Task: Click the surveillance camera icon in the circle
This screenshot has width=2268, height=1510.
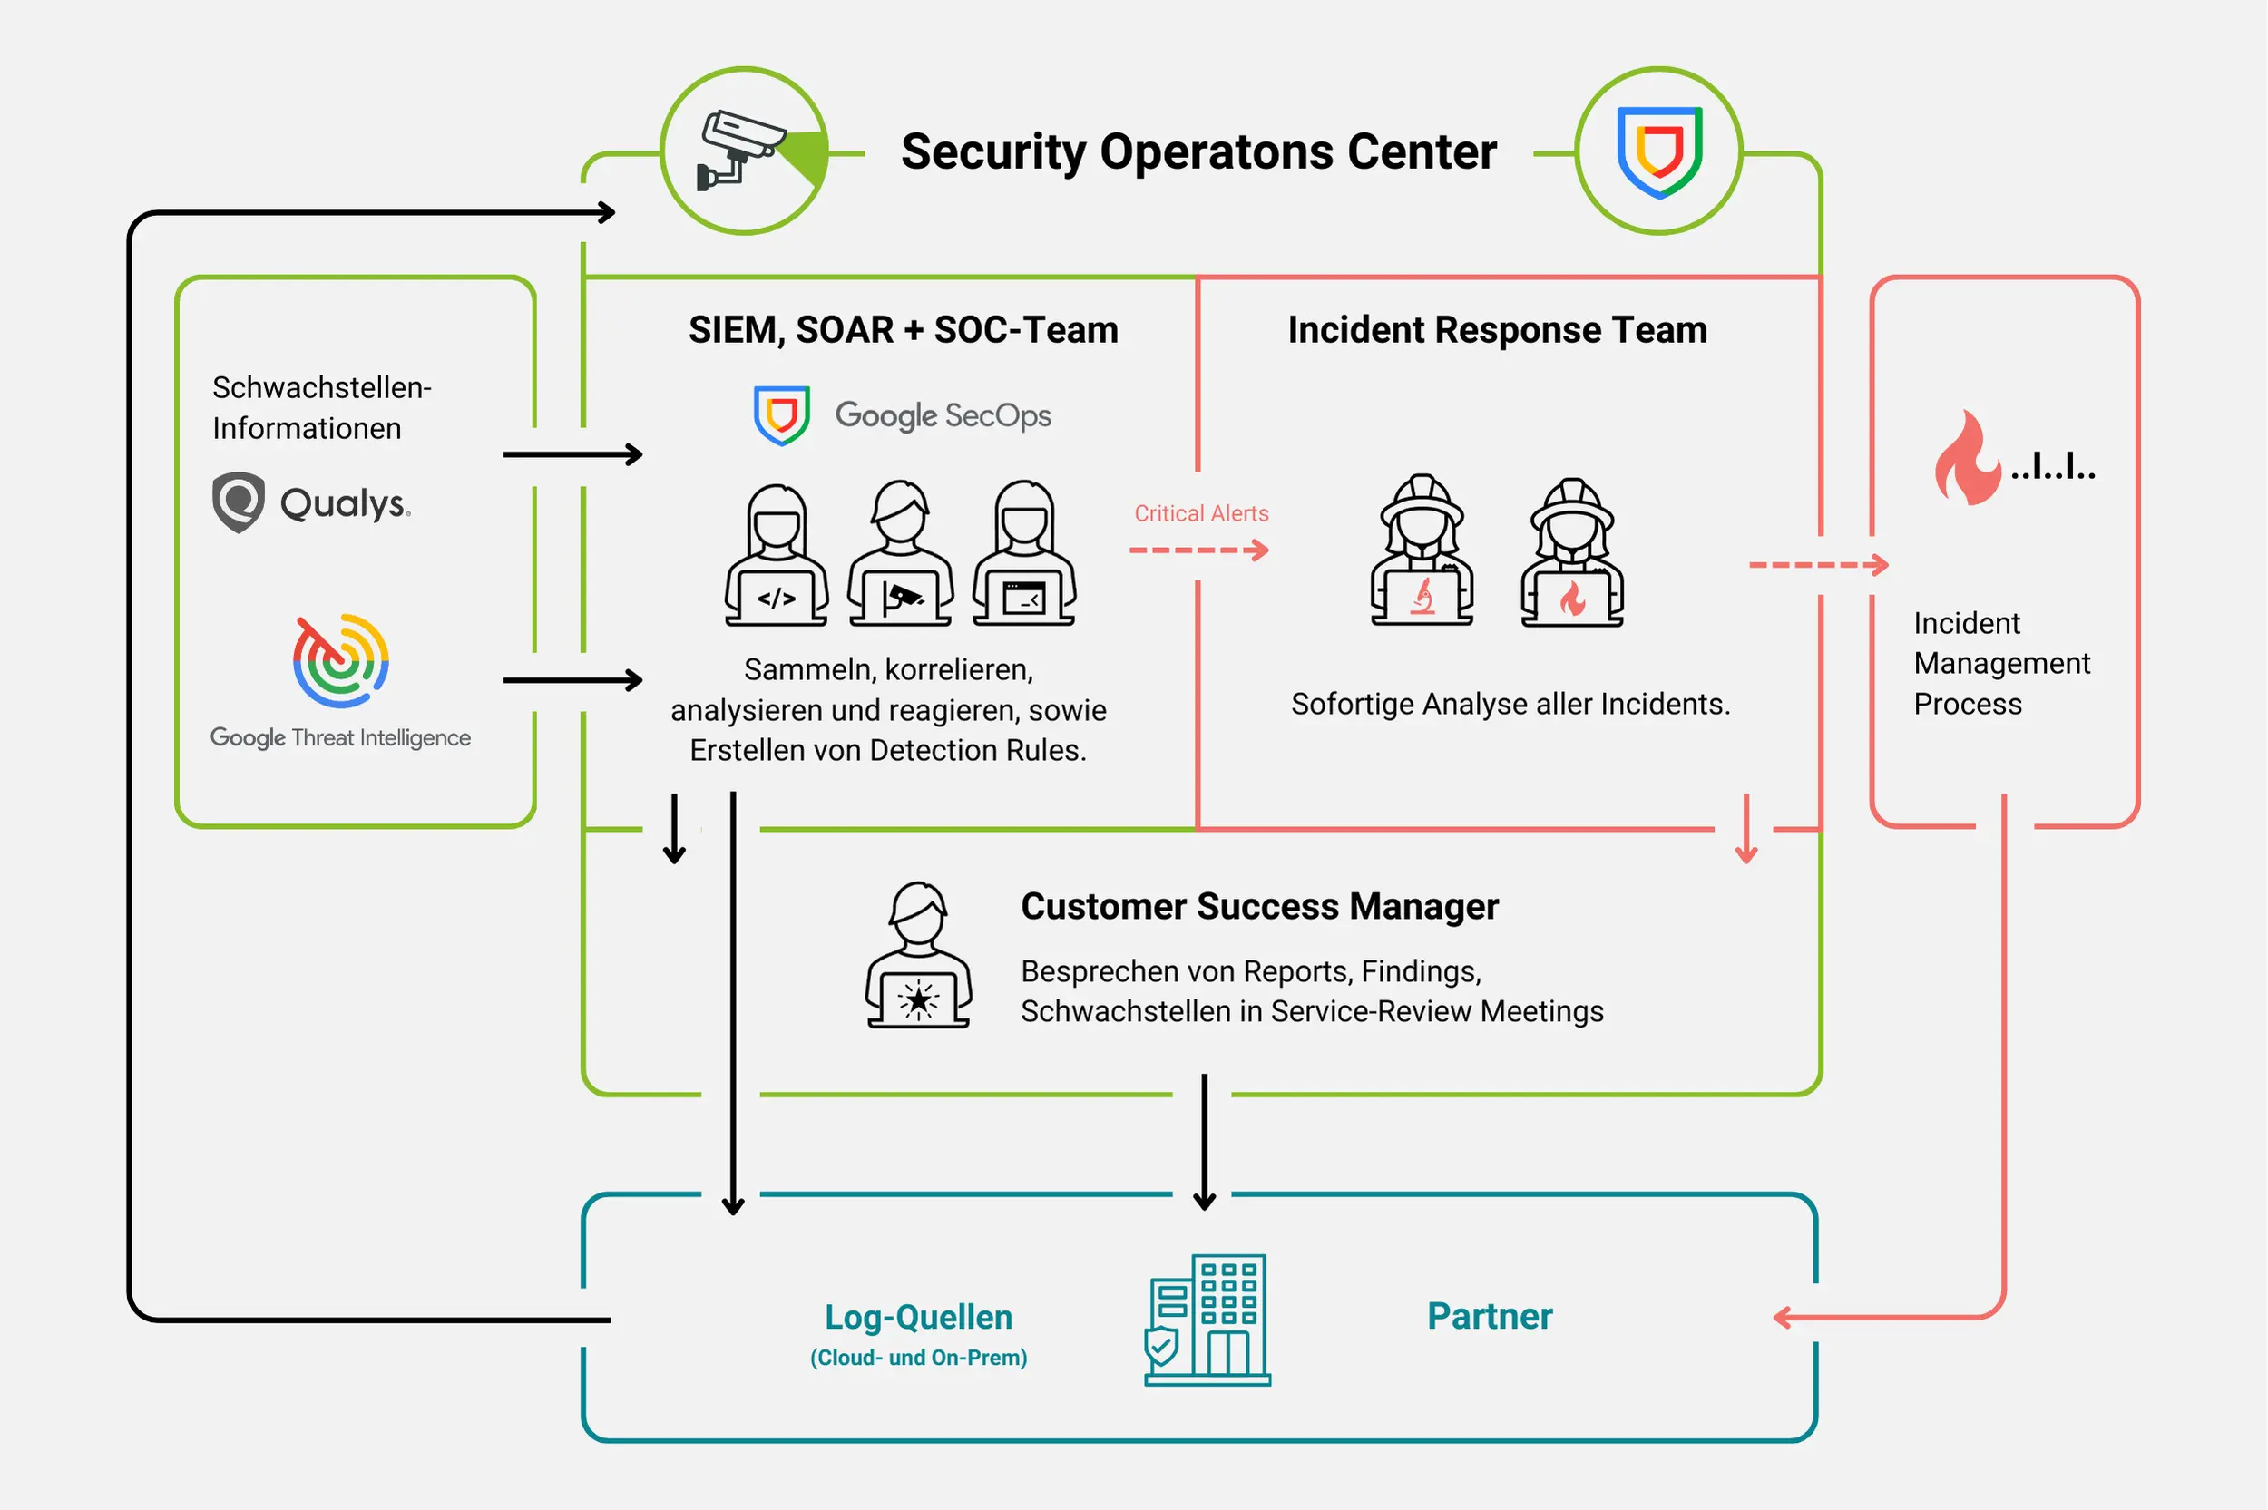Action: click(x=741, y=150)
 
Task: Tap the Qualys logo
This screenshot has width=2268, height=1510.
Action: click(x=311, y=502)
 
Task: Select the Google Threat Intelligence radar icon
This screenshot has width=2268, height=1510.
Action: click(x=341, y=660)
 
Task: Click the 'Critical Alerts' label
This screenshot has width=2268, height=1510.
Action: click(x=1201, y=513)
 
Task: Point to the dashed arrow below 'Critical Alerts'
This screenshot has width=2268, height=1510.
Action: click(x=1199, y=550)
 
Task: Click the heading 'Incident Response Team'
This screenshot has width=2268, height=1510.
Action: click(x=1497, y=329)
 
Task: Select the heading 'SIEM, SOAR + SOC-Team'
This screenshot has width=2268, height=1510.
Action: click(x=903, y=329)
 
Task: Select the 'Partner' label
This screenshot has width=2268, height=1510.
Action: click(x=1489, y=1317)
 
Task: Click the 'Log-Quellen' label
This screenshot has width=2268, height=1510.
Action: click(x=918, y=1318)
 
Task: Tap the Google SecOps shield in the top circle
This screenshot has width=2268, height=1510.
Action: click(x=1658, y=151)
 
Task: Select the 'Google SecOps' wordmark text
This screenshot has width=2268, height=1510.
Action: click(x=942, y=415)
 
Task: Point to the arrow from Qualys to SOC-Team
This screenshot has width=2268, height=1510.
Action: click(x=573, y=454)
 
